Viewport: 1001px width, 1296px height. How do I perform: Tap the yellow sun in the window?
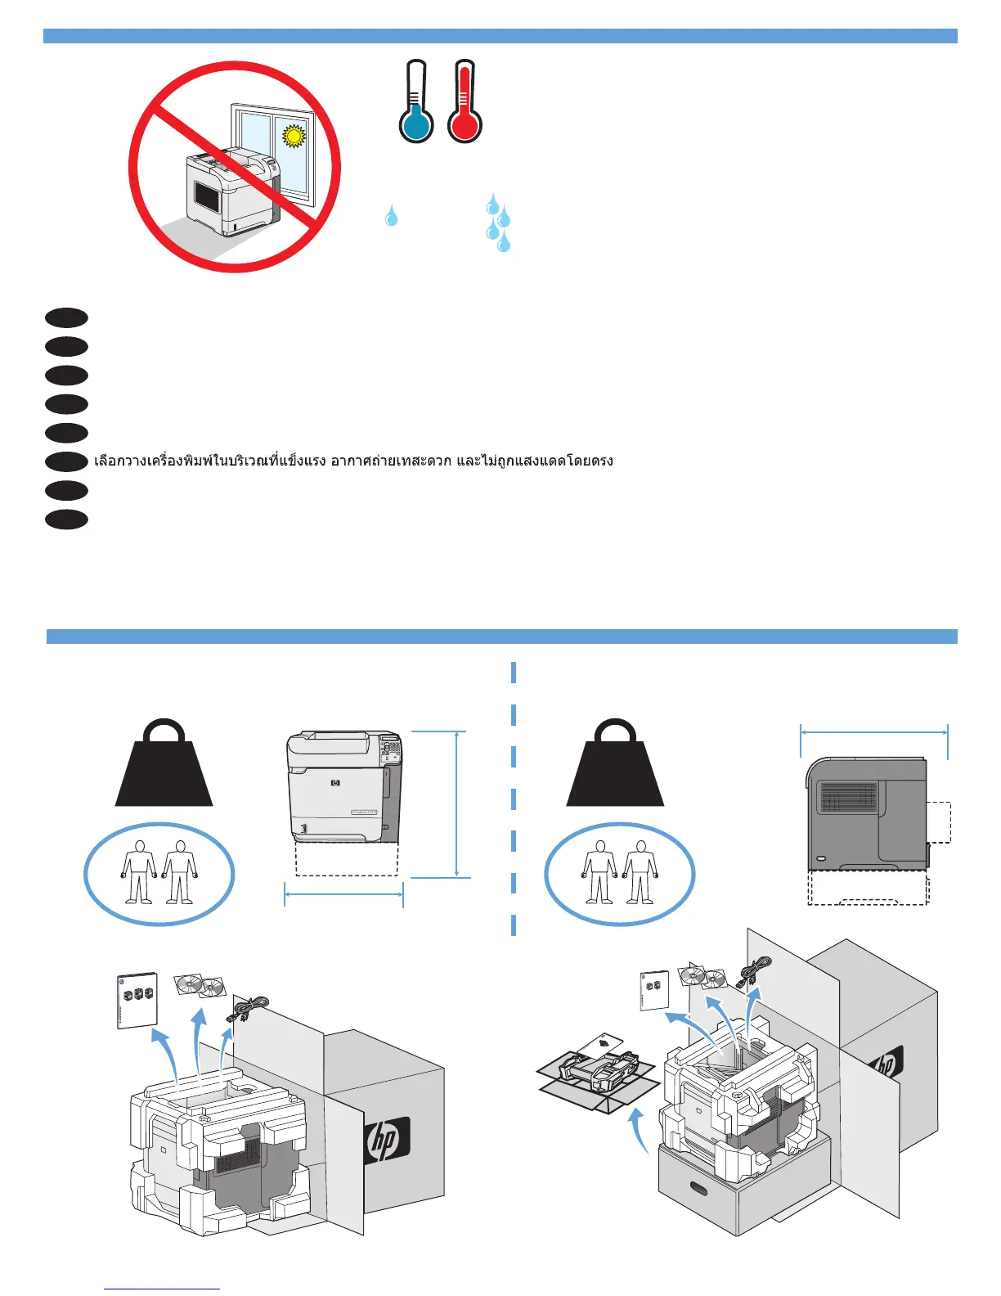(x=293, y=135)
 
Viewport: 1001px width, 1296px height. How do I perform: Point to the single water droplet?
(x=392, y=215)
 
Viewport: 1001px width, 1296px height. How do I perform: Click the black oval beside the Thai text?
(x=67, y=461)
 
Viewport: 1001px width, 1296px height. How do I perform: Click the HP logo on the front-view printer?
(x=335, y=783)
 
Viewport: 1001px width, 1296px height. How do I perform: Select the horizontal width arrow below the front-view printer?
(x=343, y=894)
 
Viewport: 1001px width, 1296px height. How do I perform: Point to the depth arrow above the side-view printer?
(x=873, y=732)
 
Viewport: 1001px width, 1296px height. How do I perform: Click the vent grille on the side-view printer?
(x=848, y=797)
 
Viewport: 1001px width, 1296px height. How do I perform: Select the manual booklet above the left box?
(x=137, y=999)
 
